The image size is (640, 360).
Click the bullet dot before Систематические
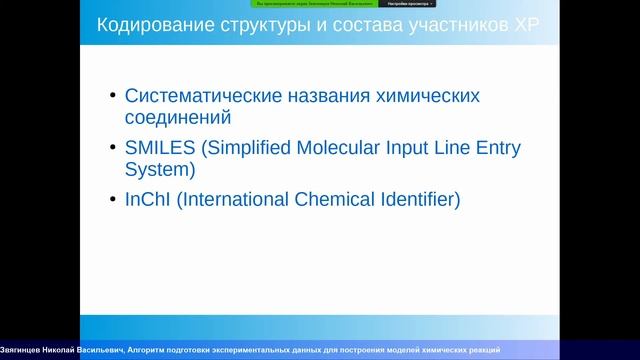111,97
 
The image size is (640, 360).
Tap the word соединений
178,117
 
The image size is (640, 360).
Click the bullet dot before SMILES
111,149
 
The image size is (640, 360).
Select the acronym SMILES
160,148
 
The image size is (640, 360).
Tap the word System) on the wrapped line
159,169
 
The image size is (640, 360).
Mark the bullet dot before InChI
111,201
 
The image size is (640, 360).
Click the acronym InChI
148,200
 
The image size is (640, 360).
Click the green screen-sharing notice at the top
312,4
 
